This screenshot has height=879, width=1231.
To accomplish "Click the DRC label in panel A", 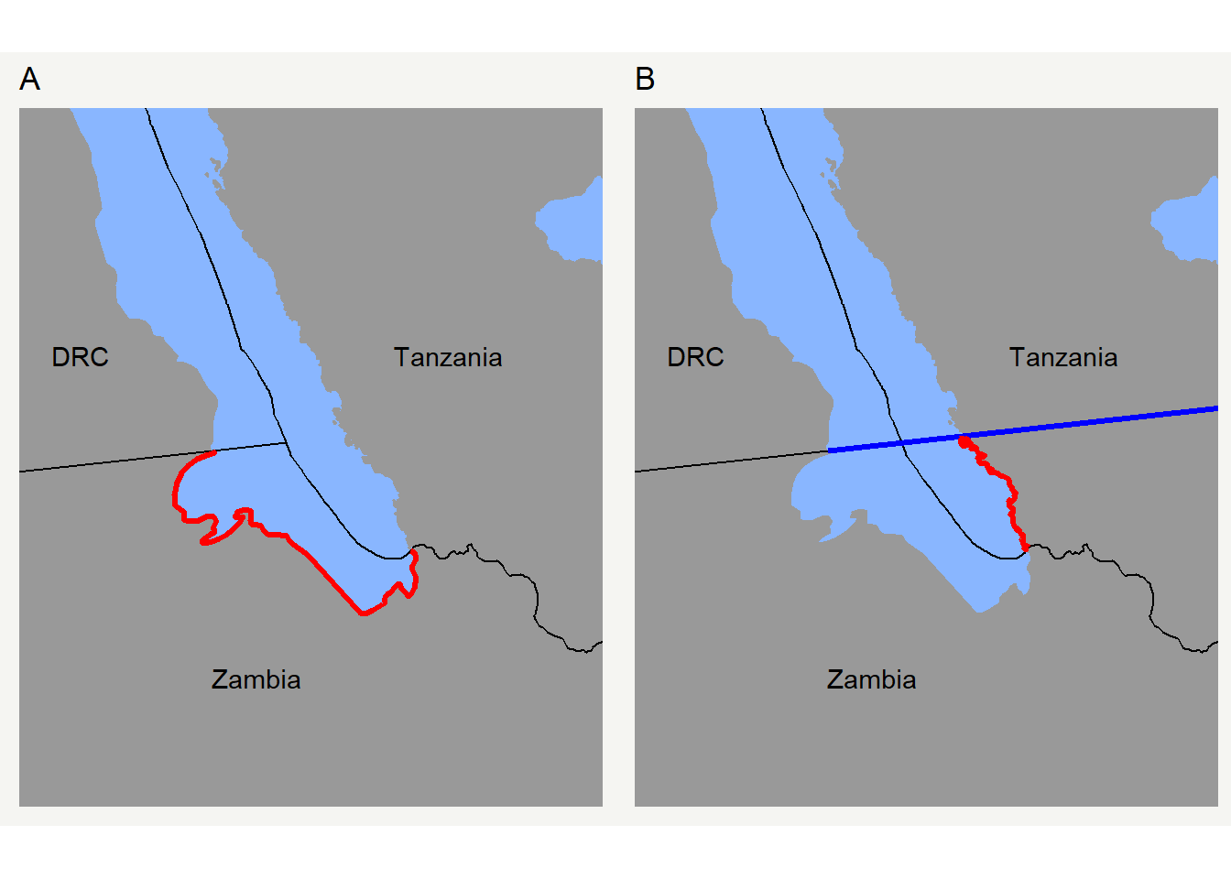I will [x=80, y=357].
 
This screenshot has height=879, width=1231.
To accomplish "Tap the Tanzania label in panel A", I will [x=448, y=357].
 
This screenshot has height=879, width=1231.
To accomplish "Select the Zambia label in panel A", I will [x=256, y=679].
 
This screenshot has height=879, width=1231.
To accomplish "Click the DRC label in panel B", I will [x=695, y=357].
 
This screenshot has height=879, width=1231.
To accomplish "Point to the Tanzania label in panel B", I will [x=1063, y=357].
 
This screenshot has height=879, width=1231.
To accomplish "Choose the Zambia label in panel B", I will [x=872, y=679].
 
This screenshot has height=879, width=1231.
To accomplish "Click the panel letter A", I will [x=29, y=80].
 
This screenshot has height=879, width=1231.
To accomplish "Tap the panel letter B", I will [x=645, y=80].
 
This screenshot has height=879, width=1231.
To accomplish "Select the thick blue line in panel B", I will [x=1099, y=420].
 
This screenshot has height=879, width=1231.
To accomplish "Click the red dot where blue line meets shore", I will [x=964, y=441].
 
